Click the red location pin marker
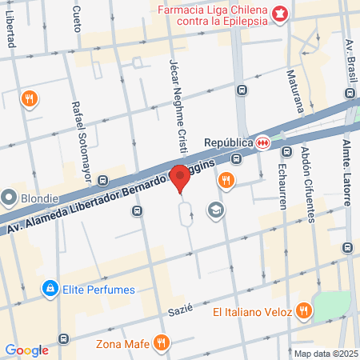click(x=181, y=178)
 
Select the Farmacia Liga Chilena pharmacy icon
click(x=279, y=13)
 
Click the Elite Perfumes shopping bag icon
click(x=50, y=286)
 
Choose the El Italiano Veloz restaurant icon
click(x=303, y=310)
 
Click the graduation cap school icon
click(x=214, y=210)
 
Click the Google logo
click(x=26, y=350)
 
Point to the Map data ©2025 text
click(x=326, y=354)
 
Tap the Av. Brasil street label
click(x=349, y=56)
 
